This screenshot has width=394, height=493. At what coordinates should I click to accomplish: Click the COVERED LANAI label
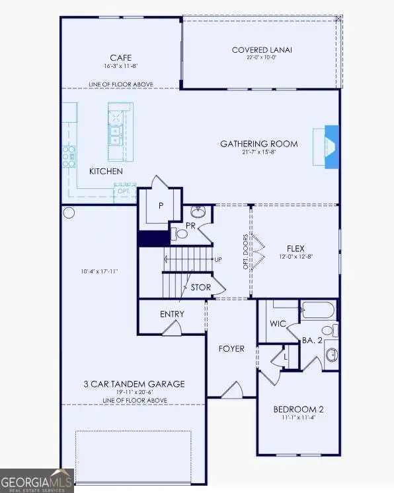click(x=262, y=50)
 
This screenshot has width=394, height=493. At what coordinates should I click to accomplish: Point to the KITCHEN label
click(x=106, y=172)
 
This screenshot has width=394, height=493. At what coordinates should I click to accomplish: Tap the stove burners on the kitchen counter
click(x=69, y=157)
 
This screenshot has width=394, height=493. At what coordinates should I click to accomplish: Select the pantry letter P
click(x=161, y=206)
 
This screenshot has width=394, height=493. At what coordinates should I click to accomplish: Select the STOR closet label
click(x=201, y=288)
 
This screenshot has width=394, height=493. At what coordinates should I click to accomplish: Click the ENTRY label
click(x=172, y=314)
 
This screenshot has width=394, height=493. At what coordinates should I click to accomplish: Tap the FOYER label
click(x=231, y=348)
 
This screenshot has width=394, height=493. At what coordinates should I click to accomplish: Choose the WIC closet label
click(x=278, y=324)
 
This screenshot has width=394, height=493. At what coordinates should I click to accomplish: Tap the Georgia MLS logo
click(x=37, y=480)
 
